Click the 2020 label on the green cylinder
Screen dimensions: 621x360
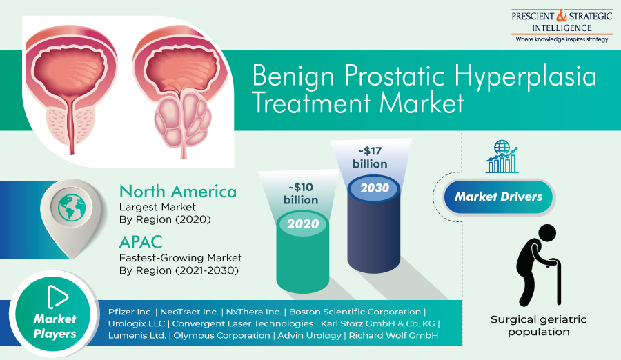(303, 223)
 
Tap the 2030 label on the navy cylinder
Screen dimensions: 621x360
(375, 188)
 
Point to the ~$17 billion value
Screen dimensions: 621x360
(370, 157)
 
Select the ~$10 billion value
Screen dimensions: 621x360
(301, 193)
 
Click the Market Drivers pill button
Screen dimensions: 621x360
(498, 197)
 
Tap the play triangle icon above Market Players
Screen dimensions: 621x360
(57, 297)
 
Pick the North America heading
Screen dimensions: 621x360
(178, 192)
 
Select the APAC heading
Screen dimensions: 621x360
(141, 242)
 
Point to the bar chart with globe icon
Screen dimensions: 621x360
(502, 157)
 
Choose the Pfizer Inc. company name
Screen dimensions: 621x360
(130, 312)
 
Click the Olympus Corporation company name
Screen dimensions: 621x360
(221, 335)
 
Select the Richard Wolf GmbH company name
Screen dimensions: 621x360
(393, 335)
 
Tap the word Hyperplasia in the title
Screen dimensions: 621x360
(525, 77)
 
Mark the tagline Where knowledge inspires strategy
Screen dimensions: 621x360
(562, 39)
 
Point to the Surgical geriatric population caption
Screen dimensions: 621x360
(539, 326)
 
